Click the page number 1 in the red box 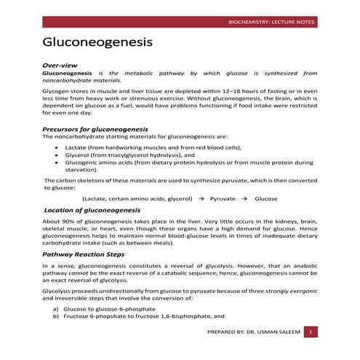click(311, 332)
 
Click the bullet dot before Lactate click(57, 146)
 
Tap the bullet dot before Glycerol click(57, 154)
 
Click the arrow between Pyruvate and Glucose click(244, 198)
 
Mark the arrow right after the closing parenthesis click(201, 198)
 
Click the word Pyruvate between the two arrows click(223, 198)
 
